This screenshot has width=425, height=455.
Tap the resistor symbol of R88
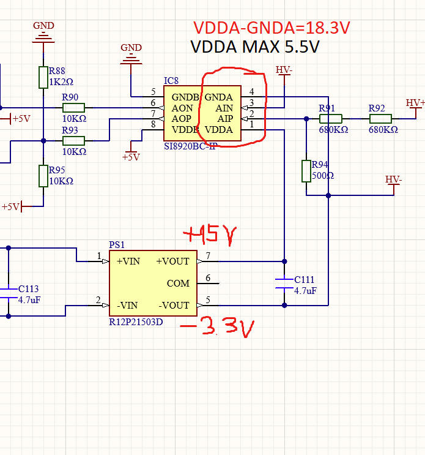click(43, 77)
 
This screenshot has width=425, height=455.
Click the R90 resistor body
click(73, 107)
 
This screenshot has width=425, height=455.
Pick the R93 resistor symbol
click(73, 140)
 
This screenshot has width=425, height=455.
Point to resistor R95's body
click(43, 176)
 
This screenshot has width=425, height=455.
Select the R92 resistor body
click(380, 119)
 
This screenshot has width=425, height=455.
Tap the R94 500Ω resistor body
click(306, 171)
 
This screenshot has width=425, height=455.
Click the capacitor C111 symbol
click(284, 283)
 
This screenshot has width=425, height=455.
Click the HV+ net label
click(415, 102)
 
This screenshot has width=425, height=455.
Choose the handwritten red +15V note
click(209, 235)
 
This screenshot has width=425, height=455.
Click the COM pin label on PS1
click(178, 284)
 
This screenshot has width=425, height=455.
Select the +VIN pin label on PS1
click(128, 261)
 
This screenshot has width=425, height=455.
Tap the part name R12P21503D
click(136, 322)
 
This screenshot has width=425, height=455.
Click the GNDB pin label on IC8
click(185, 97)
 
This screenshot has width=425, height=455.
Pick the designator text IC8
click(171, 81)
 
